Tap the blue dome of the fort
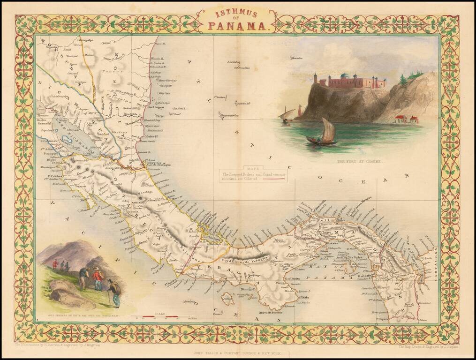coord(346,75)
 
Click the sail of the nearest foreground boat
coord(328,131)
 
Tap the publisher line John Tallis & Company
coord(237,351)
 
